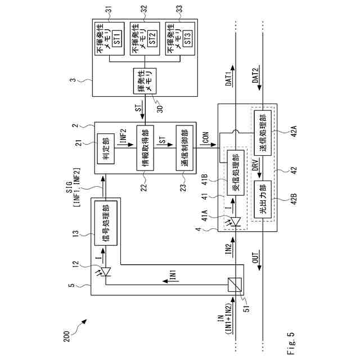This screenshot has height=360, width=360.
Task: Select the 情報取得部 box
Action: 145,147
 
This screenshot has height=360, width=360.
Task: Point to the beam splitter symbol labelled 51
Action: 237,285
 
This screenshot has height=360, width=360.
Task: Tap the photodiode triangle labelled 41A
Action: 237,220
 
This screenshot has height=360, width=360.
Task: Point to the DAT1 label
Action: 228,79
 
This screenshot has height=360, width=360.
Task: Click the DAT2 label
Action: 256,79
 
